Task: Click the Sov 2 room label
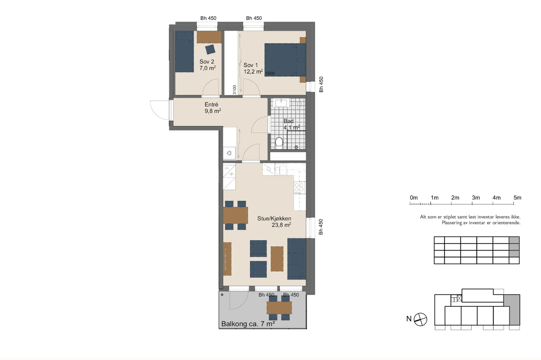point(207,65)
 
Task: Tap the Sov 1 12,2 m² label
point(252,68)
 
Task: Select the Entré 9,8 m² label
point(212,108)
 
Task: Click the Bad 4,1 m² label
point(291,124)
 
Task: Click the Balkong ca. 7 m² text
point(248,324)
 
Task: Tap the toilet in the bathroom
point(279,142)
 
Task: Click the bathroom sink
point(281,103)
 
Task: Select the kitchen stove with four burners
point(299,188)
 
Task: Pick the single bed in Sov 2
point(184,51)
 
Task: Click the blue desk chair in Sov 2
point(210,49)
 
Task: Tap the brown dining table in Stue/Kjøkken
point(235,215)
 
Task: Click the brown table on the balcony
point(279,308)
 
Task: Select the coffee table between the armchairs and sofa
point(277,259)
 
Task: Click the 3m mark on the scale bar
point(472,203)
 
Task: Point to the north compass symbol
point(420,319)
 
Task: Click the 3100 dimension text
point(235,90)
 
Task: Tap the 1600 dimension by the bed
point(270,73)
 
